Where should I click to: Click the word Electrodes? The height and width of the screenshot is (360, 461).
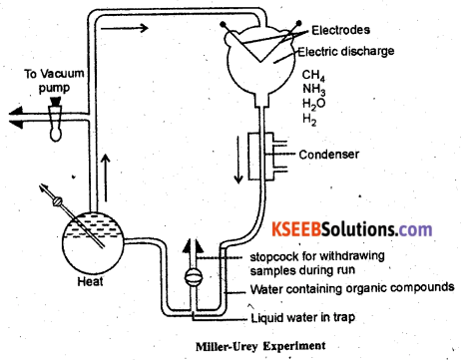[x=340, y=30]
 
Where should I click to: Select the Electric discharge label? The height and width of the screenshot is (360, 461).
[x=346, y=51]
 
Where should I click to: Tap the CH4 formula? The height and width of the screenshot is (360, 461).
[x=313, y=76]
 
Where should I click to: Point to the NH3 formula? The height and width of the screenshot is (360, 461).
[x=313, y=90]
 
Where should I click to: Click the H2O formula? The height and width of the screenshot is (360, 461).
[x=313, y=104]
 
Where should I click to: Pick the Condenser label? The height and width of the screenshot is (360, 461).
[x=329, y=155]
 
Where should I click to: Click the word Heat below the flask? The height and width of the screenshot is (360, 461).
[x=90, y=282]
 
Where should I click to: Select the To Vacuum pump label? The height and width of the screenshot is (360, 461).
[x=54, y=81]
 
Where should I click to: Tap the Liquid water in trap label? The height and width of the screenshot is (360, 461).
[x=303, y=318]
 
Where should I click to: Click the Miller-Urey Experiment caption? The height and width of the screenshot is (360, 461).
[x=260, y=346]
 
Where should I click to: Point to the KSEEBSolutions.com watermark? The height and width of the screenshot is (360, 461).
[x=352, y=229]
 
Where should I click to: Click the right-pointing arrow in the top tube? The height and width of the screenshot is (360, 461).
[x=125, y=28]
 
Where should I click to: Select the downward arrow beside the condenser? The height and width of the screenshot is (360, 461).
[x=238, y=160]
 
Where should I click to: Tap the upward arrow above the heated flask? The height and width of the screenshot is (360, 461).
[x=106, y=178]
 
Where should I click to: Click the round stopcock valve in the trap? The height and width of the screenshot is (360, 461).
[x=194, y=276]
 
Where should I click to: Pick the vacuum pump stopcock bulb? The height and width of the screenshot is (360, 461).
[x=56, y=119]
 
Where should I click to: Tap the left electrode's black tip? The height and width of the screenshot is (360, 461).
[x=223, y=24]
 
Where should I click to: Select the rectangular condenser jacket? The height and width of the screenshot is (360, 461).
[x=261, y=157]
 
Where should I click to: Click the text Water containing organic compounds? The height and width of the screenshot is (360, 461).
[x=352, y=288]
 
